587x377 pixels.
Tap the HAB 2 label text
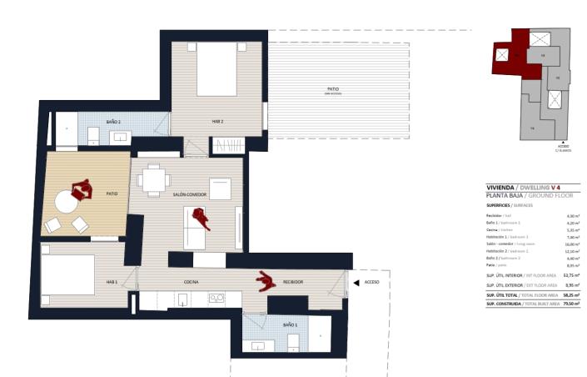(217, 122)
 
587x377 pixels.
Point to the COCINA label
(191, 282)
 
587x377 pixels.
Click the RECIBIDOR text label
(291, 282)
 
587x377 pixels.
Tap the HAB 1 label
(112, 282)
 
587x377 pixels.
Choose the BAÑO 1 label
(290, 324)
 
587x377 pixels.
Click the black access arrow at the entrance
(356, 283)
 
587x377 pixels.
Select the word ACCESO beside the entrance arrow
(372, 283)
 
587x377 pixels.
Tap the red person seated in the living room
(201, 219)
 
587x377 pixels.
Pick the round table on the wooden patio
(65, 202)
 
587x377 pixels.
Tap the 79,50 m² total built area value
(570, 304)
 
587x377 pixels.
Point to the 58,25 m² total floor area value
(570, 294)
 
